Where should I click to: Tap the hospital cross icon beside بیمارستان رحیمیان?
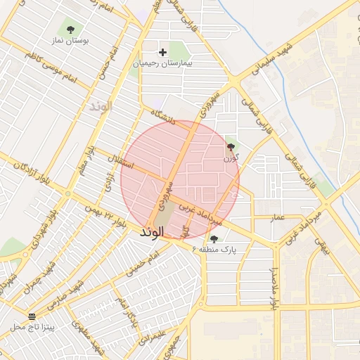coord(163,52)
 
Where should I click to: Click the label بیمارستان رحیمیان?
coord(163,63)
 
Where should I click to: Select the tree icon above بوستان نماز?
coord(70,29)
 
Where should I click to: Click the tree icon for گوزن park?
coord(231,147)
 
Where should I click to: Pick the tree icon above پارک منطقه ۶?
coord(214,239)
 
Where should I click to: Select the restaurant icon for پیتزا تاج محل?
coord(32,316)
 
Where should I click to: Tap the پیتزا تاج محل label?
coord(37,327)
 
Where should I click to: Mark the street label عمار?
coord(278,218)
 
